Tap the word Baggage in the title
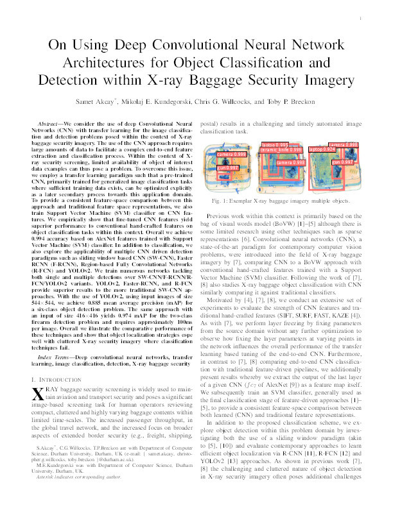tap(260, 83)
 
